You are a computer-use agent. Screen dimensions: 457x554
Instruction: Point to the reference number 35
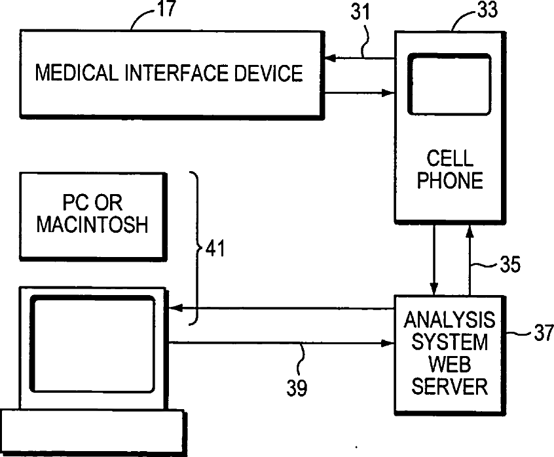(x=510, y=265)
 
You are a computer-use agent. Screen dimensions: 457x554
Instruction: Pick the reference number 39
(x=297, y=388)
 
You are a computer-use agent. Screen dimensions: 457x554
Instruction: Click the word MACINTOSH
(x=92, y=225)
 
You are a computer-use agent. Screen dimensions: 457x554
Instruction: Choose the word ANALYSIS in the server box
(x=449, y=320)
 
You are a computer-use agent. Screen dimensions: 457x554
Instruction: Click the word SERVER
(x=449, y=386)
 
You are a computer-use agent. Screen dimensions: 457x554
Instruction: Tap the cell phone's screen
(x=449, y=84)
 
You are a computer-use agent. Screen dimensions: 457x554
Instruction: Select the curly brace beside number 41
(x=196, y=248)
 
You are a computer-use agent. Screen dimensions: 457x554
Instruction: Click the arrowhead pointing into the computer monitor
(x=174, y=308)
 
